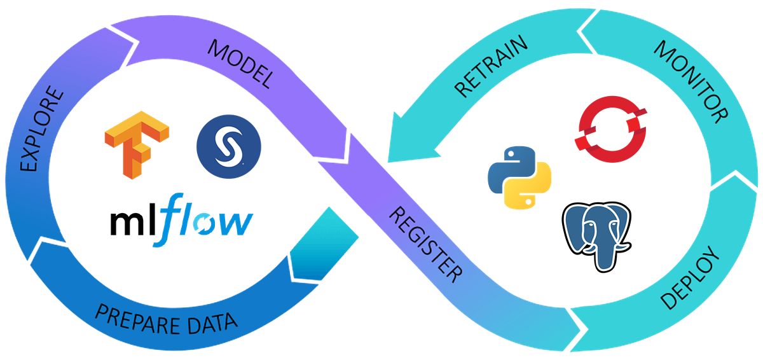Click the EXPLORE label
pyautogui.click(x=41, y=128)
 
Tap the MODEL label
pyautogui.click(x=240, y=64)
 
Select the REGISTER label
pyautogui.click(x=426, y=244)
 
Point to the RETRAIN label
pyautogui.click(x=491, y=66)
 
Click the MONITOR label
pyautogui.click(x=691, y=82)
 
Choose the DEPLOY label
pyautogui.click(x=690, y=277)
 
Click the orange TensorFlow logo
pyautogui.click(x=137, y=145)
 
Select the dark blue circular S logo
pyautogui.click(x=229, y=146)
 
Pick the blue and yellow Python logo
pyautogui.click(x=519, y=177)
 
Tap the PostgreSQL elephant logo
pyautogui.click(x=597, y=237)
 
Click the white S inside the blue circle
pyautogui.click(x=229, y=146)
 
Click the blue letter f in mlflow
pyautogui.click(x=168, y=220)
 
